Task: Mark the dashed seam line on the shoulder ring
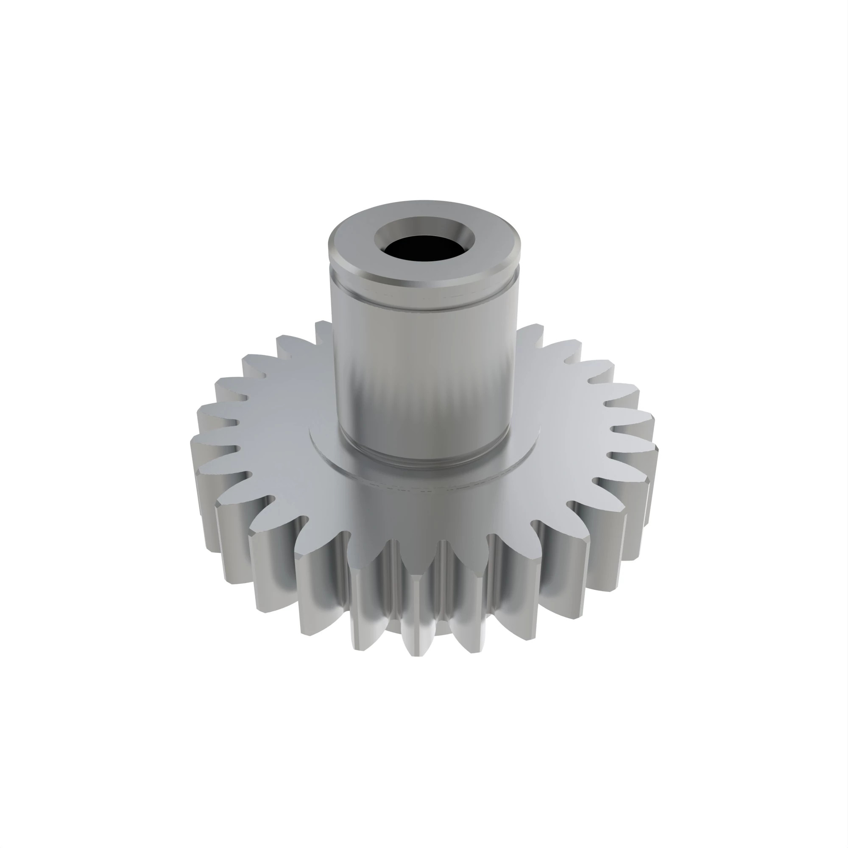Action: click(x=421, y=489)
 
